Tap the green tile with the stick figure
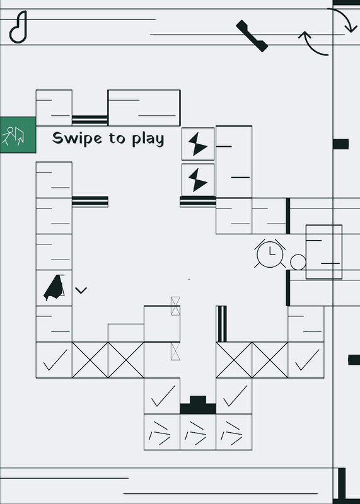18,135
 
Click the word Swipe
77,138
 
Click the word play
148,139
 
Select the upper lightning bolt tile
198,144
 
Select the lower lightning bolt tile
198,180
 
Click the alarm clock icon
270,254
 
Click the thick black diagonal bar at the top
252,36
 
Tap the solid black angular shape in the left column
54,288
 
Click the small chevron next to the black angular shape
81,290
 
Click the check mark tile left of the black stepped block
162,396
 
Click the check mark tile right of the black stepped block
234,396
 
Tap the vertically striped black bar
221,324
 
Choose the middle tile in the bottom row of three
198,432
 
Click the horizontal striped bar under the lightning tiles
198,202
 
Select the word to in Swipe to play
117,138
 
